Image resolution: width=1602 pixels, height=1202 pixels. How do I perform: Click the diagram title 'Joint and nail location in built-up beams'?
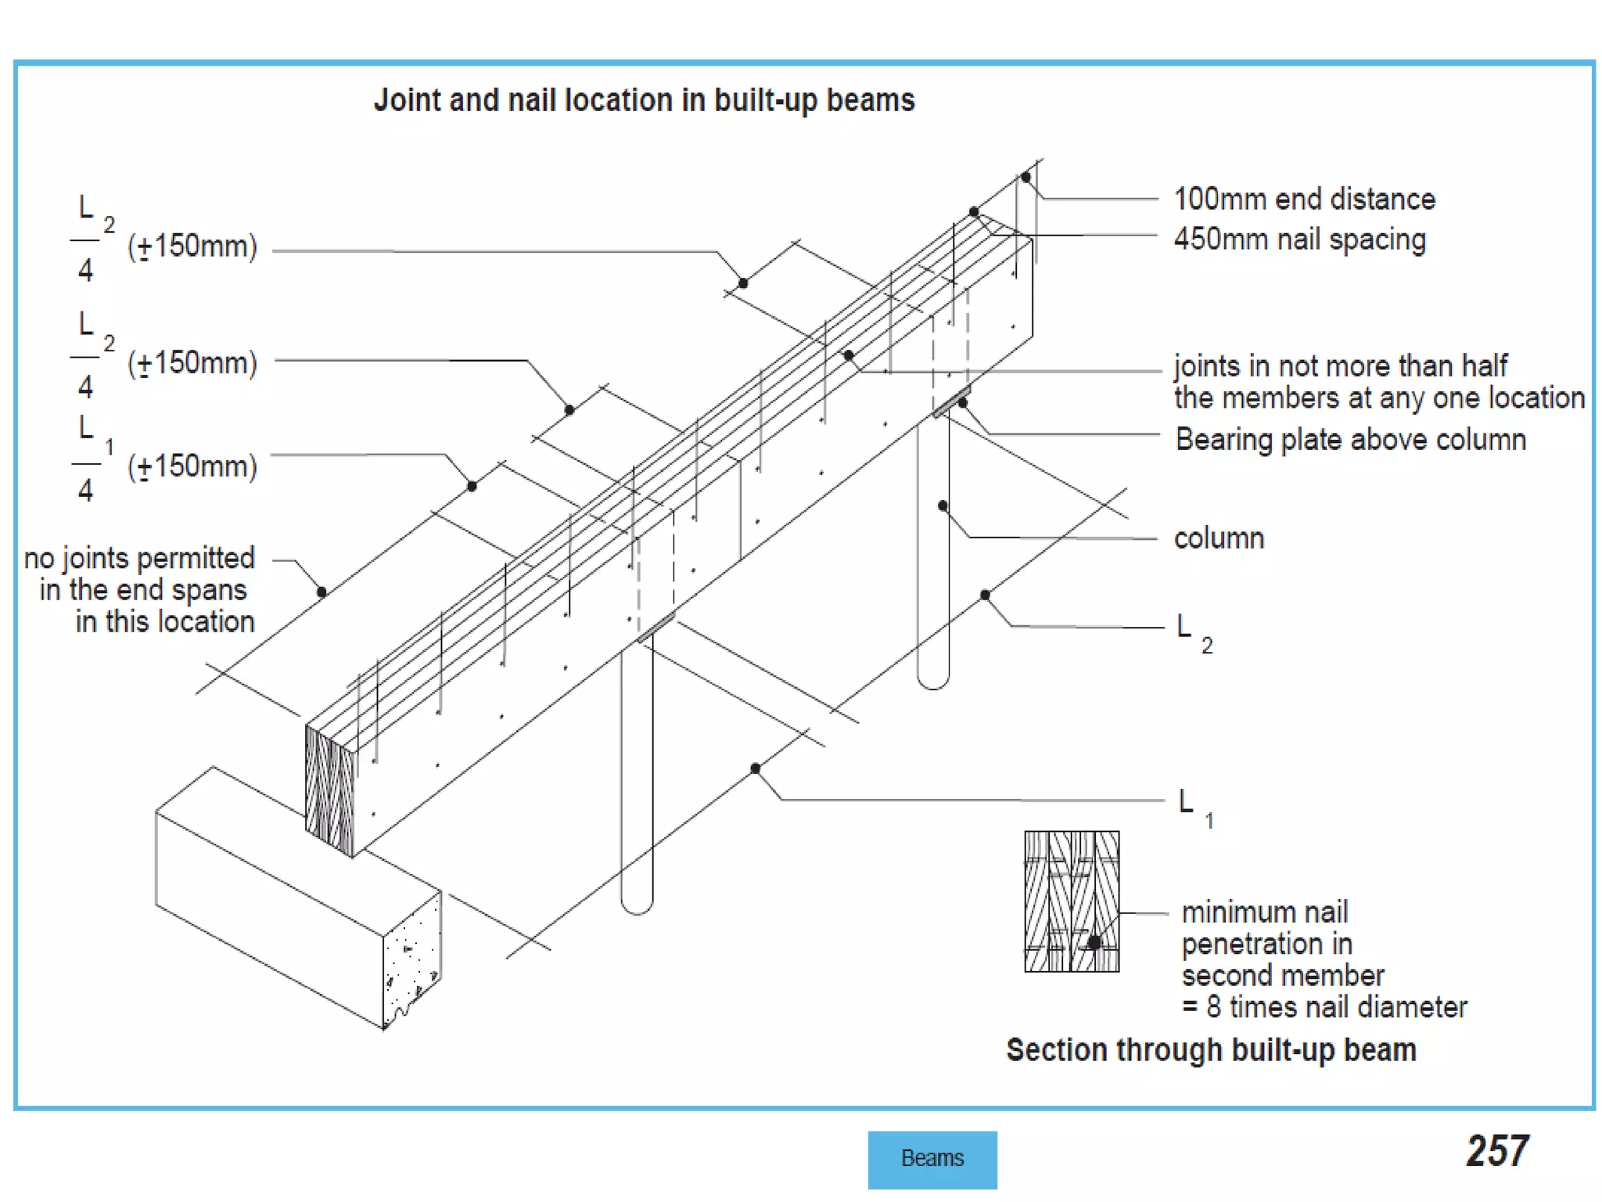click(x=644, y=100)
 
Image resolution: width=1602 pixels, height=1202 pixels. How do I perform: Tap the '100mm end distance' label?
click(x=1304, y=199)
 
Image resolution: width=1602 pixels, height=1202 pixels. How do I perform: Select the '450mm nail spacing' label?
click(x=1299, y=239)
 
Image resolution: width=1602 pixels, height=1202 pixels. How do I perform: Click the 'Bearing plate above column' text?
click(x=1350, y=439)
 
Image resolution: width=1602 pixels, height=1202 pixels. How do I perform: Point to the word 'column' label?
click(x=1219, y=538)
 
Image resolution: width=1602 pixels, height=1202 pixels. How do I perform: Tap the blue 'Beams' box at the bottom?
click(x=932, y=1158)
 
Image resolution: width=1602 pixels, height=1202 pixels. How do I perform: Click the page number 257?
click(x=1496, y=1151)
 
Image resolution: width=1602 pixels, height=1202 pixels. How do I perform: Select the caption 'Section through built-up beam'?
click(x=1211, y=1050)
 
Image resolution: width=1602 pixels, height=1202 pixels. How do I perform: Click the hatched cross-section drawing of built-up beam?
click(x=1071, y=901)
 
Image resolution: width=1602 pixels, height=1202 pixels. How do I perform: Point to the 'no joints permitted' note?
click(x=139, y=559)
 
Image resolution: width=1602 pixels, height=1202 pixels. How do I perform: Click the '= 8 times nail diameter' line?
click(x=1324, y=1007)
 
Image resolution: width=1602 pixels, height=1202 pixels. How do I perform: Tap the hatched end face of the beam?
click(x=329, y=790)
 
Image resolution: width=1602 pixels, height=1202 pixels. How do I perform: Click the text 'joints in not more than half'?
click(x=1340, y=366)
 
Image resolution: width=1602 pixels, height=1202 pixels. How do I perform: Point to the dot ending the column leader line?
click(x=943, y=506)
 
